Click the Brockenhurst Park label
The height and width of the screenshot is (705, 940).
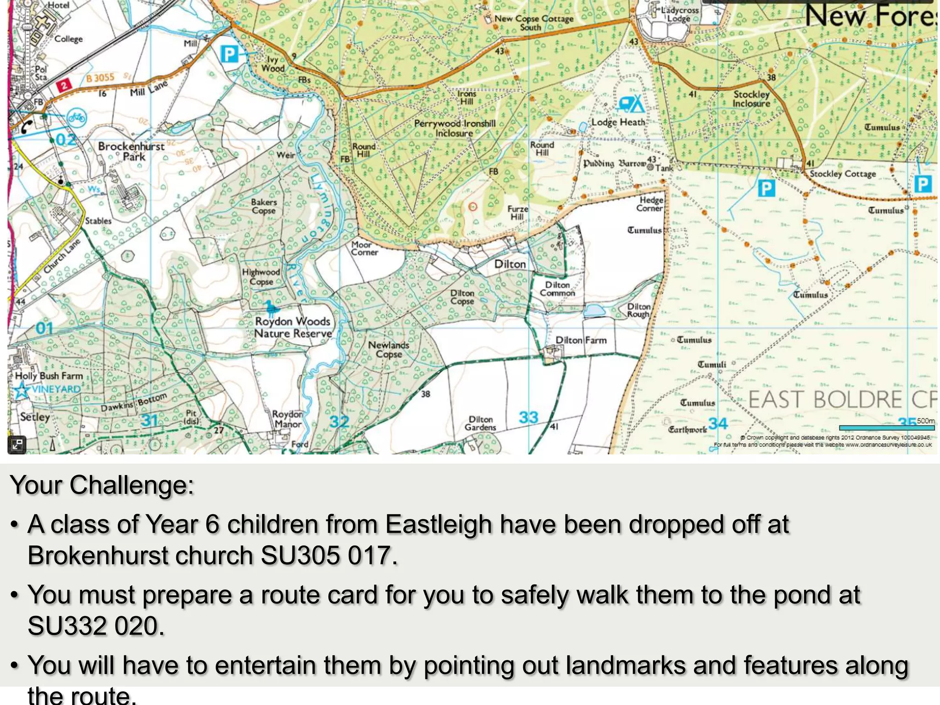click(x=131, y=151)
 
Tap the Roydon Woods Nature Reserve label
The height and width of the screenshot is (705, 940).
click(x=293, y=327)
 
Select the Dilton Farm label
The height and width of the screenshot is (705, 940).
click(x=581, y=340)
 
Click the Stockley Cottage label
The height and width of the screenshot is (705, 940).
click(x=843, y=174)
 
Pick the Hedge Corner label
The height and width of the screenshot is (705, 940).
click(x=650, y=204)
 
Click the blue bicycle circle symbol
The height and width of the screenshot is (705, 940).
click(x=77, y=118)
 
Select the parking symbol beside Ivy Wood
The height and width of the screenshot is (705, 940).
click(x=229, y=55)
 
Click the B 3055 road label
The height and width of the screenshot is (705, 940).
click(x=100, y=78)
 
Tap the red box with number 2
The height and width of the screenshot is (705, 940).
click(x=64, y=85)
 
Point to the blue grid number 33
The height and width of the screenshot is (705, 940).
click(x=528, y=417)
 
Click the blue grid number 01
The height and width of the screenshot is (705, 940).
click(x=45, y=328)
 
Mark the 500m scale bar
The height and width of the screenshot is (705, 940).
click(x=886, y=428)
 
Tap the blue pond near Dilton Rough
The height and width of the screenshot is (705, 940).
click(x=594, y=311)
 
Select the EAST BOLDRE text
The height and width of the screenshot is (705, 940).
click(x=826, y=399)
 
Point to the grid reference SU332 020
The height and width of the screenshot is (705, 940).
click(x=96, y=626)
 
